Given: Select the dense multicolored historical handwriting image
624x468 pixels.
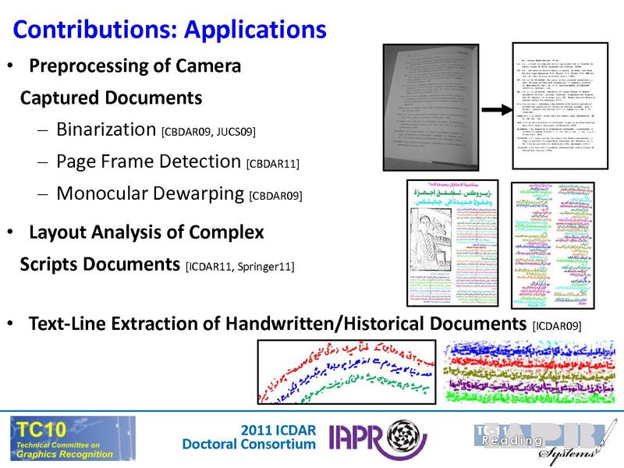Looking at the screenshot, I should (527, 373).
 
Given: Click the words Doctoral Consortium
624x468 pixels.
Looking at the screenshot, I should (249, 445).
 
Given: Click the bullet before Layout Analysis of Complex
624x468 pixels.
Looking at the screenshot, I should (10, 232).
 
